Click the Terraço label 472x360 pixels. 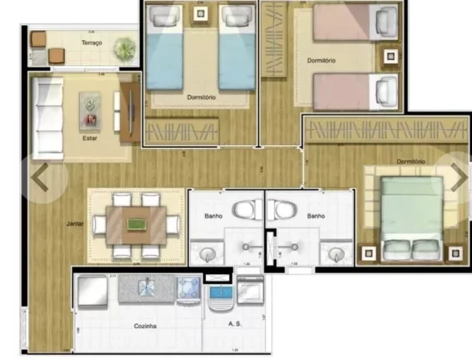tap(92, 42)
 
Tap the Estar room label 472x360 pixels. tap(89, 138)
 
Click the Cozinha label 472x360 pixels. tap(123, 327)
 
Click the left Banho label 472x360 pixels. tap(213, 216)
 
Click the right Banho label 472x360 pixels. tap(315, 216)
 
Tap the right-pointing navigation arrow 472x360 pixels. tap(459, 177)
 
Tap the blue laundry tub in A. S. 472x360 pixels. tap(221, 292)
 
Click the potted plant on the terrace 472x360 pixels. tap(125, 47)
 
